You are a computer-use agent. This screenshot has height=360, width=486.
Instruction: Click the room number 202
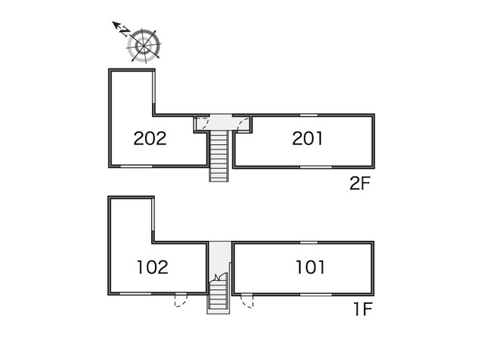[x=150, y=138]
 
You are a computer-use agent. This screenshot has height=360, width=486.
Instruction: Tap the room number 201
[x=308, y=138]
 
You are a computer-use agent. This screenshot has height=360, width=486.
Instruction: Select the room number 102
[x=153, y=267]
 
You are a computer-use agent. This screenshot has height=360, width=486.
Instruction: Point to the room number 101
[x=311, y=267]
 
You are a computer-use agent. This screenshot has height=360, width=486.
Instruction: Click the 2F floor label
[x=360, y=184]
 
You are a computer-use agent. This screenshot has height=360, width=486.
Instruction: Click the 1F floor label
[x=363, y=309]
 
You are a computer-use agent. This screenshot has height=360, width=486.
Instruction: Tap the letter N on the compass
[x=125, y=31]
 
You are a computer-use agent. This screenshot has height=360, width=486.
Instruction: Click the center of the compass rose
[x=144, y=46]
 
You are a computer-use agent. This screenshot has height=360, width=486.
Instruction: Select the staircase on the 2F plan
[x=219, y=156]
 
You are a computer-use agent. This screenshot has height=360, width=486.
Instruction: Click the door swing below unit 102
[x=181, y=300]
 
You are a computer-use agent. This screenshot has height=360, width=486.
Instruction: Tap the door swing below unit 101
[x=247, y=301]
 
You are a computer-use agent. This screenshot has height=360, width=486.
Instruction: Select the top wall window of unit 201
[x=309, y=115]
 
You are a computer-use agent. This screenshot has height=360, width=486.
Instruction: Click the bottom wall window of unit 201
[x=316, y=167]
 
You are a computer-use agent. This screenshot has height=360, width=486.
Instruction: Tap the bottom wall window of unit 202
[x=137, y=166]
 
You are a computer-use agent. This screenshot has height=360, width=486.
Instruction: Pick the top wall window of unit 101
[x=309, y=242]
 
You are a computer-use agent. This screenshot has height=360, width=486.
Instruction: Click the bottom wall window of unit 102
[x=135, y=293]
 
